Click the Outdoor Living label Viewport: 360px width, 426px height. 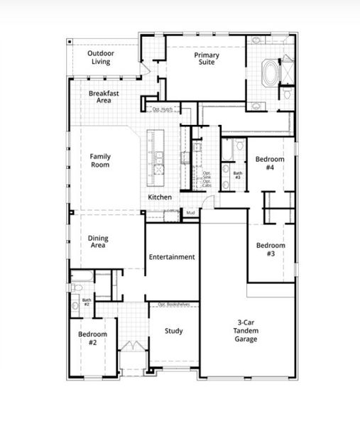pos(102,58)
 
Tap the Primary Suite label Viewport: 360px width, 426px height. pos(207,59)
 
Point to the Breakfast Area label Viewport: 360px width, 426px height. pos(104,97)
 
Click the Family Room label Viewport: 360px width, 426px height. pos(101,160)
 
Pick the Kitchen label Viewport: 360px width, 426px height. pos(160,197)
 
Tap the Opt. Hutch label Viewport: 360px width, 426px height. pos(163,109)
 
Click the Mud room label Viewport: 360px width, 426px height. pos(190,212)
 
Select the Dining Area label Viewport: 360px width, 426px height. pos(98,242)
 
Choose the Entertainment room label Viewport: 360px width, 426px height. pos(172,257)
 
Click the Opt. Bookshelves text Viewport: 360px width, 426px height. pos(173,304)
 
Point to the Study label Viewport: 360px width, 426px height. pos(174,331)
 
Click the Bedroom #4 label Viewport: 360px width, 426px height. pos(270,163)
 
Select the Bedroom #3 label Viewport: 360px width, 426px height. pos(270,249)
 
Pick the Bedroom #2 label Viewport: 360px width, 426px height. pos(92,338)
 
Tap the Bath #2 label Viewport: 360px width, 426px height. pos(87,302)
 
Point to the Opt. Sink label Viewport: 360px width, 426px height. pos(207,174)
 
